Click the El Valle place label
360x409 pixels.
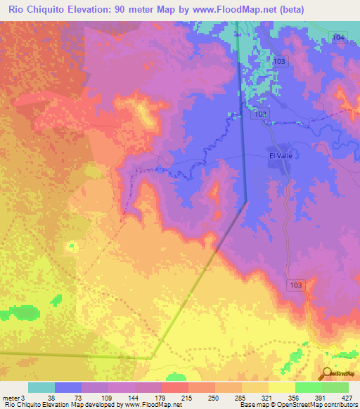[280, 156]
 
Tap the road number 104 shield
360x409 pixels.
[340, 36]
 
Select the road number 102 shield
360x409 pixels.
[261, 113]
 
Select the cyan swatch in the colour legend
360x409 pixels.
[41, 387]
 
